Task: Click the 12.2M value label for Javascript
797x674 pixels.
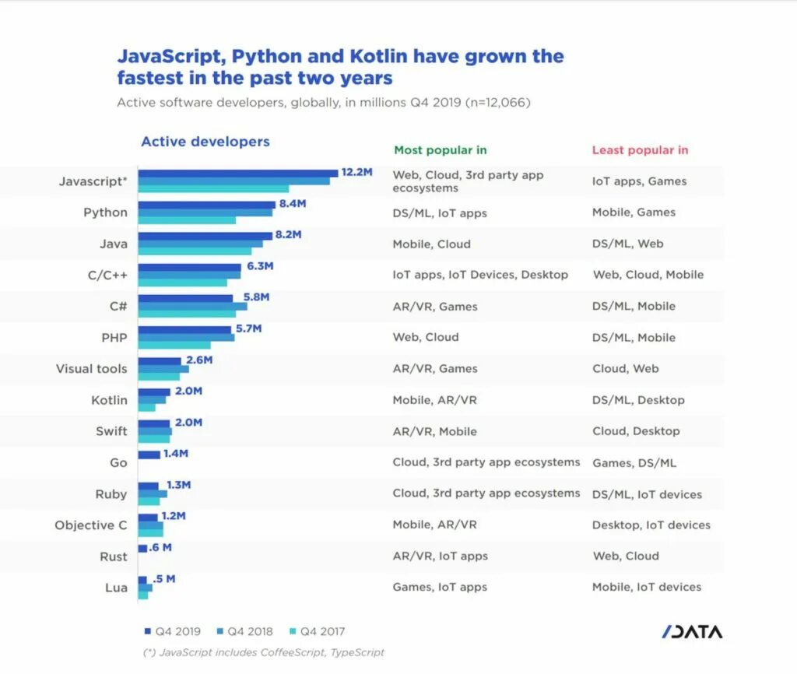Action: [x=356, y=172]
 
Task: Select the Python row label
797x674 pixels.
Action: [x=105, y=212]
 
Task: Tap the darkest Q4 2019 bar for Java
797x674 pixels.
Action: [x=205, y=234]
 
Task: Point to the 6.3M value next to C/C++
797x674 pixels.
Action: [x=260, y=265]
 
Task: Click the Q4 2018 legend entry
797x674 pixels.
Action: [x=246, y=631]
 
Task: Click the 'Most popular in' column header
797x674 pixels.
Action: [x=440, y=150]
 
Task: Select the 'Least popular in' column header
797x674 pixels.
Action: [x=640, y=150]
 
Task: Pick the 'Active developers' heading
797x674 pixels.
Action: [x=205, y=142]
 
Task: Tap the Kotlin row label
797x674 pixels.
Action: [x=109, y=400]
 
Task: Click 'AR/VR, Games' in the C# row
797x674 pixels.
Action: [x=434, y=307]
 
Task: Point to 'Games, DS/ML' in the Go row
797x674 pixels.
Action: [x=634, y=463]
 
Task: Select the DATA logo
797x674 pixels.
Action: [x=692, y=631]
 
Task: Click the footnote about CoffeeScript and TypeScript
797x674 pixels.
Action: [x=264, y=652]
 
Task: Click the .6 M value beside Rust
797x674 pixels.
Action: [x=160, y=547]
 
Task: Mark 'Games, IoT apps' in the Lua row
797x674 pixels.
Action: [x=439, y=587]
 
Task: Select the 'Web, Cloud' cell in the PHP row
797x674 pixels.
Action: [x=425, y=337]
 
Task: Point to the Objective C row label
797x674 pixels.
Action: [x=90, y=525]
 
